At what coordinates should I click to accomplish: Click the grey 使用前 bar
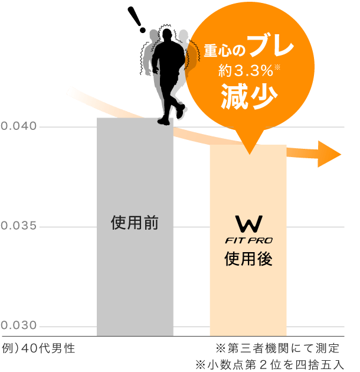[x=135, y=272]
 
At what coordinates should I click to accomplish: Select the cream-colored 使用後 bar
[x=248, y=295]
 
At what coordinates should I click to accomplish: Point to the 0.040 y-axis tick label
[x=19, y=126]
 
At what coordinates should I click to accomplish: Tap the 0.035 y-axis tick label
[x=19, y=226]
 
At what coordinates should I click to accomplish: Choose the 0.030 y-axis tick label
[x=19, y=326]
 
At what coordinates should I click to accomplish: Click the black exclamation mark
[x=140, y=20]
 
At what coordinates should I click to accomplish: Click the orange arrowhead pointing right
[x=330, y=154]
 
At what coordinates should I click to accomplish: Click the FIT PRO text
[x=248, y=241]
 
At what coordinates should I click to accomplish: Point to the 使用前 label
[x=135, y=223]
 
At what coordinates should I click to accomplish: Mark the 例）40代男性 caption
[x=38, y=348]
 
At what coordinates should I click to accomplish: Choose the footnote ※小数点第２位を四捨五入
[x=272, y=364]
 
